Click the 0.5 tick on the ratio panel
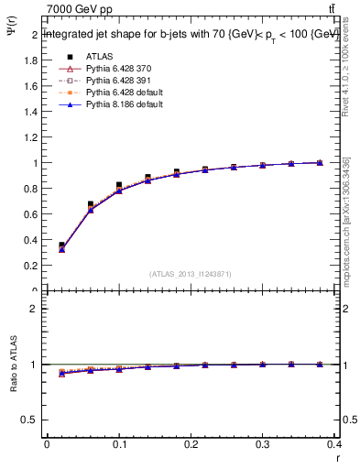click(30, 420)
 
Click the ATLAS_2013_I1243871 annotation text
click(189, 274)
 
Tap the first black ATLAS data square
click(61, 245)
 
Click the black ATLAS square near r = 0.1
click(119, 185)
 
